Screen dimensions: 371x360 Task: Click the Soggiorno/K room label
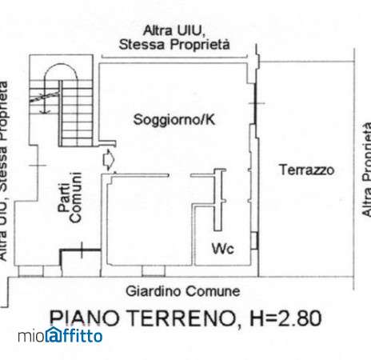[x=174, y=119]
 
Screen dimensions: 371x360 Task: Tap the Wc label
[x=223, y=249]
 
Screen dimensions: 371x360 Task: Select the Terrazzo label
[x=306, y=170]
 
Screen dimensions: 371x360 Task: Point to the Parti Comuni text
[x=70, y=198]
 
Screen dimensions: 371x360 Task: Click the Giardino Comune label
[x=183, y=291]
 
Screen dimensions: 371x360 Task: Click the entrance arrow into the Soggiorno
[x=109, y=160]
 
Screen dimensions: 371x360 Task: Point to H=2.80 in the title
[x=285, y=318]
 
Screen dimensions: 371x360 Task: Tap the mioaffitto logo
[x=60, y=335]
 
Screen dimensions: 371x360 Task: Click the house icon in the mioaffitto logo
[x=52, y=334]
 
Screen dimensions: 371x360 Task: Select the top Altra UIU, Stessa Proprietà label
[x=174, y=38]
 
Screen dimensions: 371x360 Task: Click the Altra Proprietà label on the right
[x=367, y=169]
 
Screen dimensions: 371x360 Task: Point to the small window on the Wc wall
[x=255, y=241]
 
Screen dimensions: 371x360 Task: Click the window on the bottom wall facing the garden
[x=154, y=270]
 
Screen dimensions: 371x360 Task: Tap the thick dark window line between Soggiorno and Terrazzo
[x=255, y=104]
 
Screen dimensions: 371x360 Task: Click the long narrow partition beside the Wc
[x=217, y=200]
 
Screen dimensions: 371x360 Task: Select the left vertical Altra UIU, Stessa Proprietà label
[x=3, y=170]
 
